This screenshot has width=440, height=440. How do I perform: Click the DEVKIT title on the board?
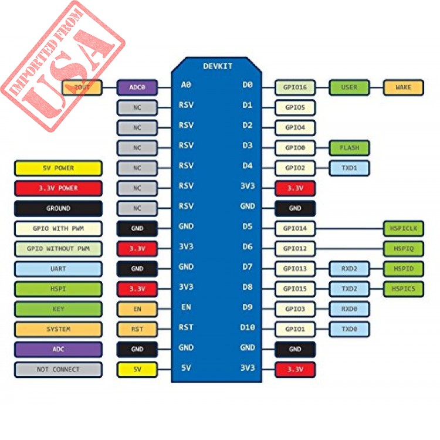(218, 66)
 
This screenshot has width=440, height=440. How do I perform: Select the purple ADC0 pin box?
(137, 87)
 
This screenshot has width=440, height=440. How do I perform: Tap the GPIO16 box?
(295, 87)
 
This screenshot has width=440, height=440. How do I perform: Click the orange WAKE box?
(403, 87)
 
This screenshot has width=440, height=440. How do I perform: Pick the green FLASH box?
(349, 148)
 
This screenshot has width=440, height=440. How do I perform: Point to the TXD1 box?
(349, 168)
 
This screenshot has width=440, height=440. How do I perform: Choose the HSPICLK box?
(403, 228)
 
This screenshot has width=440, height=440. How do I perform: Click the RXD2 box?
(349, 269)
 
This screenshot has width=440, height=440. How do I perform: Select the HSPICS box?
(403, 289)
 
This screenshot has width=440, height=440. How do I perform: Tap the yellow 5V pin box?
(137, 369)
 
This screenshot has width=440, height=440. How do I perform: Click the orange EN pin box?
(137, 309)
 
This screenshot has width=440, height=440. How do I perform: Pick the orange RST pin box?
(137, 329)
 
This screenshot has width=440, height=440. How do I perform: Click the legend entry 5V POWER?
(58, 168)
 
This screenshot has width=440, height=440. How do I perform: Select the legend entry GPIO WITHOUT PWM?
(58, 249)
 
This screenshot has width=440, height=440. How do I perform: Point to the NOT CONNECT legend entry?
(58, 370)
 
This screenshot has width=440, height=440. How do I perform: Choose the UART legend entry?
(58, 269)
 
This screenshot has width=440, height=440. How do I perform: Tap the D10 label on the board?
(248, 327)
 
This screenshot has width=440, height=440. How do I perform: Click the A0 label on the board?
(186, 84)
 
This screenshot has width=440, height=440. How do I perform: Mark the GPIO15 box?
(295, 289)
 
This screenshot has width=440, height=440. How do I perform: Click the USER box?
(349, 87)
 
